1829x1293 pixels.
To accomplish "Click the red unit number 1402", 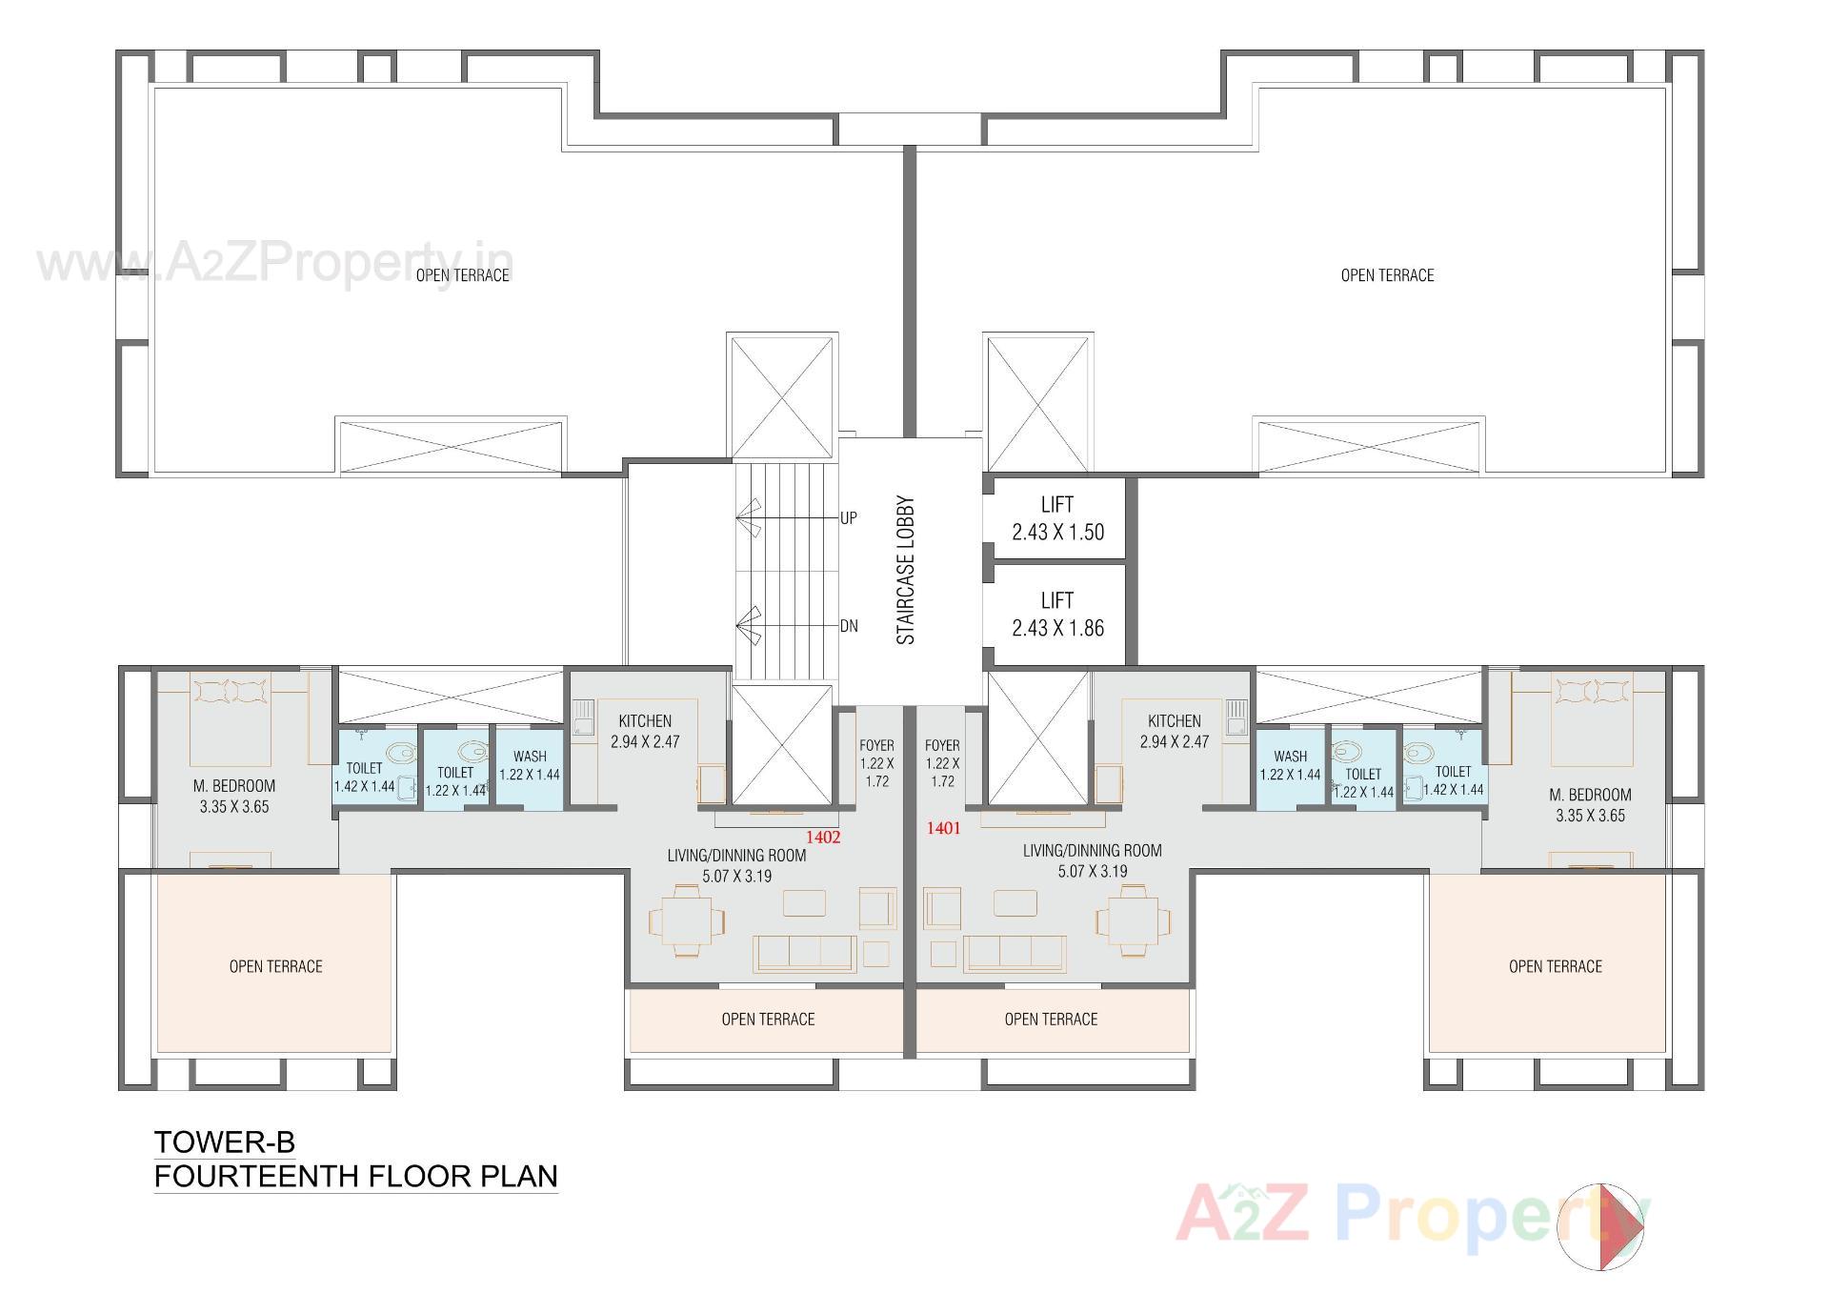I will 823,838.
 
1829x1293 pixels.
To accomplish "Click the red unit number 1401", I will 943,828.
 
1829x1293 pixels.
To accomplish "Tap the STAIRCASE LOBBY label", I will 906,570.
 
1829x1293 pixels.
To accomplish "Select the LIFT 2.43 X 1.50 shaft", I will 1057,518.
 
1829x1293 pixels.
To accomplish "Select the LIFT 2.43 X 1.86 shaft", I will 1057,615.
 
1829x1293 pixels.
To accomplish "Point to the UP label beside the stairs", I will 848,518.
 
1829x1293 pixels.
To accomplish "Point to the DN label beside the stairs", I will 848,626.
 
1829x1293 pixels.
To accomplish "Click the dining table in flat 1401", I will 1134,919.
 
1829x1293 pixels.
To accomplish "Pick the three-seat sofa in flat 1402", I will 803,953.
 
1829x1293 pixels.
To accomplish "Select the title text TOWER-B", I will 225,1141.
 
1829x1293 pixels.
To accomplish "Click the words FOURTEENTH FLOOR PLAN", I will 355,1176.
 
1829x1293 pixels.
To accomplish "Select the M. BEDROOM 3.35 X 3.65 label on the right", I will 1590,804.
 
